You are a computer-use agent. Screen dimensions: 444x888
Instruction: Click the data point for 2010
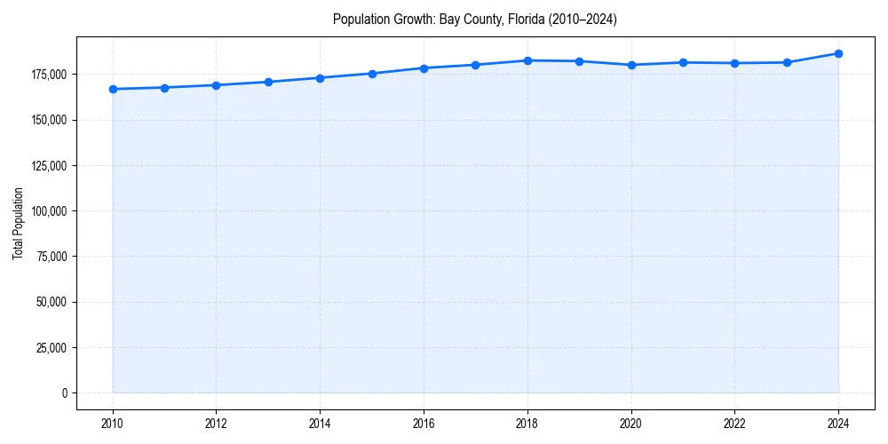pyautogui.click(x=113, y=89)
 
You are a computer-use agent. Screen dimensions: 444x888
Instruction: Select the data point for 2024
pyautogui.click(x=838, y=53)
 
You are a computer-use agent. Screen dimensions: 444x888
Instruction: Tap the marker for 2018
pyautogui.click(x=527, y=60)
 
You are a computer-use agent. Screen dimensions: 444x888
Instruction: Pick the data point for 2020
pyautogui.click(x=631, y=65)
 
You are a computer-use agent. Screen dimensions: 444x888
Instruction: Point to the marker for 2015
pyautogui.click(x=372, y=74)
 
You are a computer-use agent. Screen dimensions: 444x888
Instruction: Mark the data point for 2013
pyautogui.click(x=268, y=82)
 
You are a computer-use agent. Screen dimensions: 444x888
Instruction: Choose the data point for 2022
pyautogui.click(x=734, y=63)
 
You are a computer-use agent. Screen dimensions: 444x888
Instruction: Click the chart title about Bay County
pyautogui.click(x=474, y=19)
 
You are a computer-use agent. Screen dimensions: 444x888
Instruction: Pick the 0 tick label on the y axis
pyautogui.click(x=64, y=392)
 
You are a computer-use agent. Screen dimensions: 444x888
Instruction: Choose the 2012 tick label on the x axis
pyautogui.click(x=217, y=423)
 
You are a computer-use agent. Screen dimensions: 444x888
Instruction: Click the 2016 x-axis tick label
pyautogui.click(x=424, y=423)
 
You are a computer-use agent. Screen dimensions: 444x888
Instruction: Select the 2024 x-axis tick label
pyautogui.click(x=838, y=423)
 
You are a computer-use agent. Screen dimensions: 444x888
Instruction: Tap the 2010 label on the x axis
pyautogui.click(x=113, y=423)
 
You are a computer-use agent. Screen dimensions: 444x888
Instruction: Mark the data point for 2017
pyautogui.click(x=476, y=65)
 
